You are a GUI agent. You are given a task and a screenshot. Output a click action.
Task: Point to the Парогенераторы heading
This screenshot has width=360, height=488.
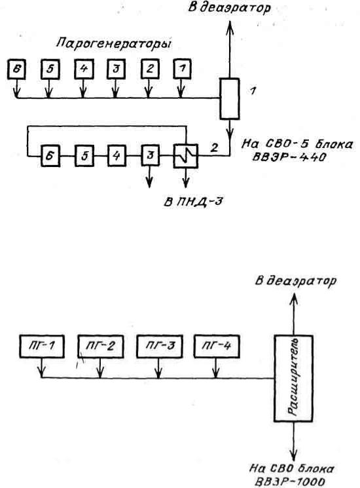pos(114,43)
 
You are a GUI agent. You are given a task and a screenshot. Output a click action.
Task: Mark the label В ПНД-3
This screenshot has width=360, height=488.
pos(193,202)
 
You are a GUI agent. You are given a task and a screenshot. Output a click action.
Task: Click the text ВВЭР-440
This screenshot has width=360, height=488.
pos(289,157)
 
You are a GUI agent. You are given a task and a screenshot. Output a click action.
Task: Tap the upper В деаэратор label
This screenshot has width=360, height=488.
pos(230,8)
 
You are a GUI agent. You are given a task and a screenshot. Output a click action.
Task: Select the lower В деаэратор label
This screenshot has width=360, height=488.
pos(296,281)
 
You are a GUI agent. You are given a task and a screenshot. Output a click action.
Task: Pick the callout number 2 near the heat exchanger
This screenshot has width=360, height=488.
pos(214,147)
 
